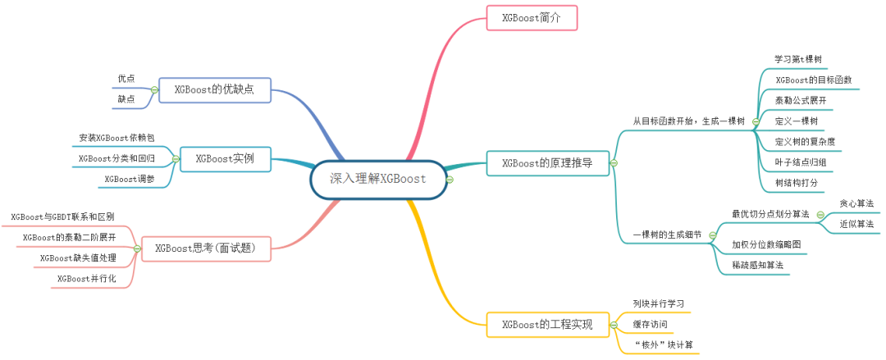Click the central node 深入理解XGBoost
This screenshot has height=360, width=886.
click(x=378, y=180)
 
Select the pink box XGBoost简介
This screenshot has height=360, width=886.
click(x=532, y=17)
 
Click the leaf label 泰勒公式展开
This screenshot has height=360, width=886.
click(x=801, y=100)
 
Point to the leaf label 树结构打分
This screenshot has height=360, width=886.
click(x=797, y=183)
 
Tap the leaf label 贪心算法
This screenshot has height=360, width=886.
click(x=856, y=203)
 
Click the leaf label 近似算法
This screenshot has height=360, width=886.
click(x=856, y=223)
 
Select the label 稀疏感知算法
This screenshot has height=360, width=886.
click(x=758, y=265)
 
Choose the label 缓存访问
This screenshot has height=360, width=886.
click(x=650, y=325)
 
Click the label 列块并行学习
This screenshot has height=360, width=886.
click(x=659, y=304)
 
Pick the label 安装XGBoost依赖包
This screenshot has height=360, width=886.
click(x=116, y=138)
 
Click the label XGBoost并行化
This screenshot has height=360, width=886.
click(x=86, y=279)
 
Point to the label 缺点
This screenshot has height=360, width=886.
click(x=126, y=99)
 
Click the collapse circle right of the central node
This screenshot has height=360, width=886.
click(x=450, y=180)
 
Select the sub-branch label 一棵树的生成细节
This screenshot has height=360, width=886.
click(x=666, y=235)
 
